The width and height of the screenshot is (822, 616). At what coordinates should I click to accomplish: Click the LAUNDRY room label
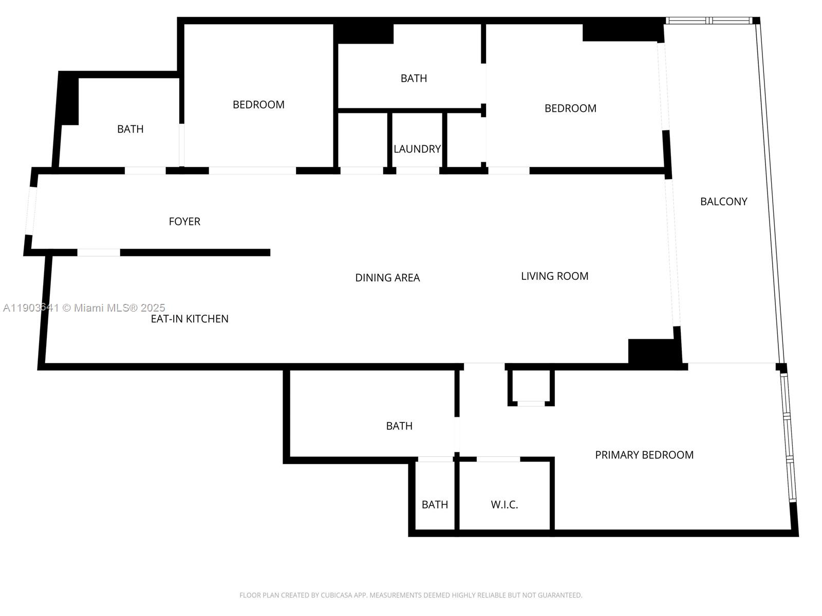point(417,149)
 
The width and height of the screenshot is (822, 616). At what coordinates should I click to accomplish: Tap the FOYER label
point(184,221)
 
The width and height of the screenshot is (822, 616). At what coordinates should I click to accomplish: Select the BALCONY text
point(723,201)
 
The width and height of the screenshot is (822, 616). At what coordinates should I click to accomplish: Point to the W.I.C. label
point(504,505)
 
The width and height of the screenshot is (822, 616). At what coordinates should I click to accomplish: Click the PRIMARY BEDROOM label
point(644,455)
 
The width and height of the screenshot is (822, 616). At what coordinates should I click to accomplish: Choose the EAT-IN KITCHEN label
point(190,319)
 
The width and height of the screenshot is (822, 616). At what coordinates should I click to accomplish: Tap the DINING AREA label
point(387,278)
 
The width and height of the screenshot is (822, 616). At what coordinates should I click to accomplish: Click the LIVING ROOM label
point(554,276)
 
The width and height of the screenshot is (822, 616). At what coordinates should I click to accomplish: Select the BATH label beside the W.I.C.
point(435,505)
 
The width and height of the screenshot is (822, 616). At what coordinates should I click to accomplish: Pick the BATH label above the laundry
point(414,78)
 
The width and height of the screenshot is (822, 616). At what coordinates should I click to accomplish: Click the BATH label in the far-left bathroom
point(130,129)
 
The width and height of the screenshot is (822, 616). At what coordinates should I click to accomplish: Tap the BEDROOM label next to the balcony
point(570,108)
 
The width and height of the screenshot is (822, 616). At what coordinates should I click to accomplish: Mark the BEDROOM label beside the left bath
point(258,105)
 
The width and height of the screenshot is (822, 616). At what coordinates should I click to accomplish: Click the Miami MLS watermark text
point(84,307)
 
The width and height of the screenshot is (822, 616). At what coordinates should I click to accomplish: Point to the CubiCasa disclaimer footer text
point(410,595)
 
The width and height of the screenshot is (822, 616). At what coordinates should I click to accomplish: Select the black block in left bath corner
point(68,100)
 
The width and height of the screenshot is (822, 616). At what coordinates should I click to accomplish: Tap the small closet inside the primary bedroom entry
point(531,386)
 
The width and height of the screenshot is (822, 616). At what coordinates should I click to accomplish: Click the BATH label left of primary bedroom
point(399,426)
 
